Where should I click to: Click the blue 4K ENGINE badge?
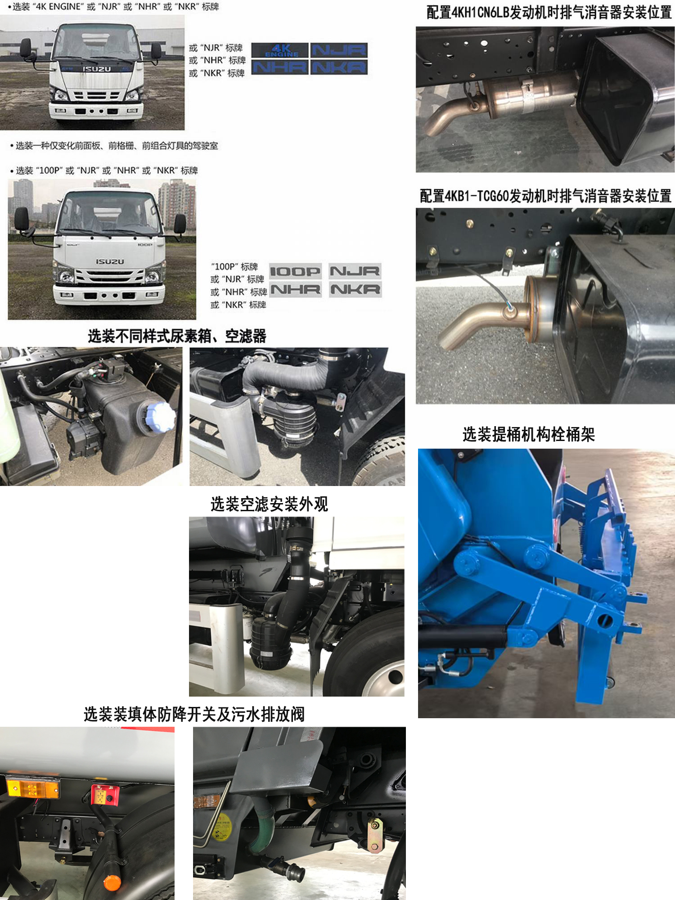(280, 50)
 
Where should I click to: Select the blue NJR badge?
(339, 50)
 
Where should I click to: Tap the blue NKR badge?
(339, 67)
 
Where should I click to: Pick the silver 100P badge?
(295, 271)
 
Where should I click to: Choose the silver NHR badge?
(296, 289)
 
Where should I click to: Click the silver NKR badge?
(355, 289)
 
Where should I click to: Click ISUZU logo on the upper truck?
(96, 69)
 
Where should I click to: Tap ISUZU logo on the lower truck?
(109, 261)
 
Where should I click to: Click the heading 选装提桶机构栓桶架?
(528, 434)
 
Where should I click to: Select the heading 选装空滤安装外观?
(269, 504)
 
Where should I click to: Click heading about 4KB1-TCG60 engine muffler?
(545, 196)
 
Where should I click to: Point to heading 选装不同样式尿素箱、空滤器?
(177, 336)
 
